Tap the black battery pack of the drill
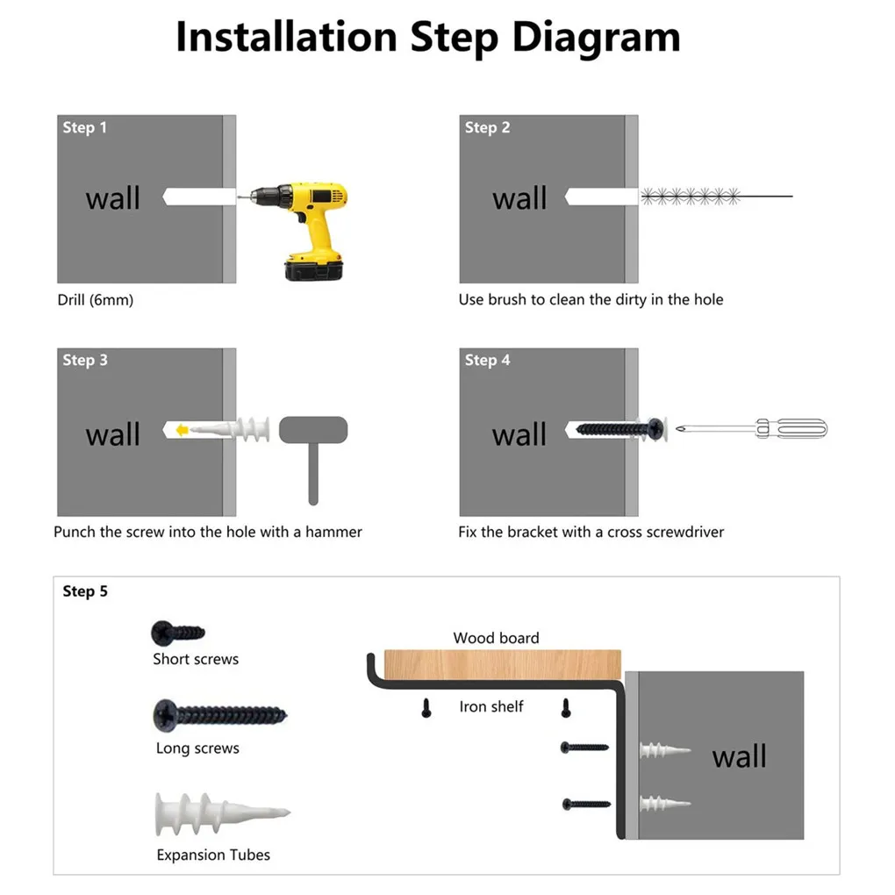tap(314, 269)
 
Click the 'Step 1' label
tap(84, 127)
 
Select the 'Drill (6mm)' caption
tap(96, 300)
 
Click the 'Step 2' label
tap(488, 127)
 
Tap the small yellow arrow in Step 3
tap(183, 430)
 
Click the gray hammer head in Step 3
tap(313, 430)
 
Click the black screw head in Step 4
tap(655, 429)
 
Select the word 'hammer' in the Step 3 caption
tap(334, 532)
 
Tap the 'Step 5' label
tap(85, 591)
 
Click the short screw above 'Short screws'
tap(178, 633)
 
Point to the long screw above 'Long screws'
tap(219, 715)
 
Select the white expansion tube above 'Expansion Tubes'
tap(223, 813)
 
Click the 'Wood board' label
tap(496, 638)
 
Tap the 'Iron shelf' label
tap(491, 706)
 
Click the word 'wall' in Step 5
tap(739, 756)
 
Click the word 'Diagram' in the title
tap(596, 38)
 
